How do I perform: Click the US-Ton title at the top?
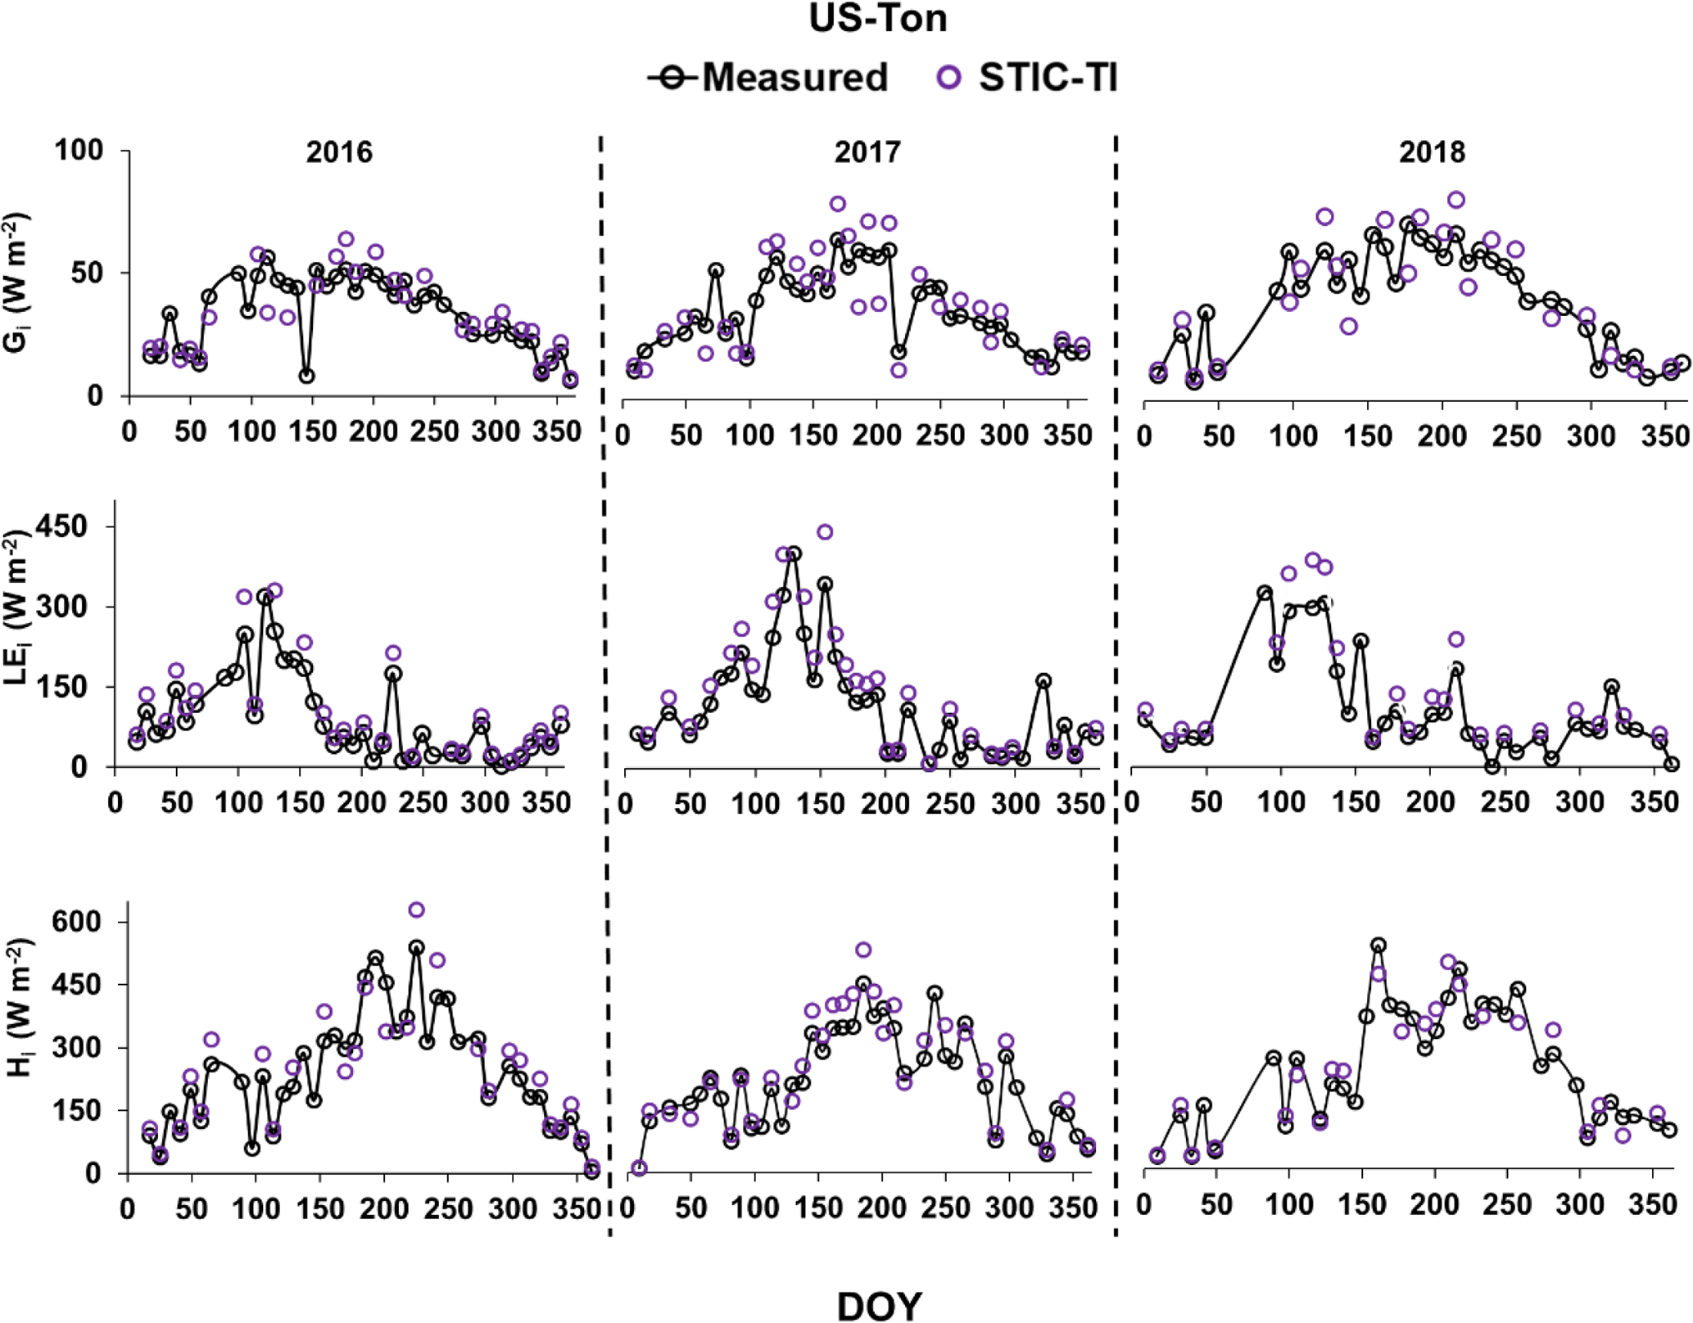[877, 19]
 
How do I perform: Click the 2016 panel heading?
[339, 152]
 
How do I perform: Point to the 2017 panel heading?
[867, 152]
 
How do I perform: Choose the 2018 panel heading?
[1432, 152]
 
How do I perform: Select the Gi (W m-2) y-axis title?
[18, 282]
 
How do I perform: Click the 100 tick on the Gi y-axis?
[79, 151]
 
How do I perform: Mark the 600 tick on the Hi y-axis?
[79, 922]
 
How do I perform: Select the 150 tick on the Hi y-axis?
[79, 1111]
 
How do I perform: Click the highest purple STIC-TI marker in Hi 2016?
[416, 910]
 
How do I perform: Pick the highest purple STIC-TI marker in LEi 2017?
[825, 532]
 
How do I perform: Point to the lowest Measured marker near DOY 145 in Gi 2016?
[306, 376]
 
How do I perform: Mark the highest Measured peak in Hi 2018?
[1378, 945]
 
